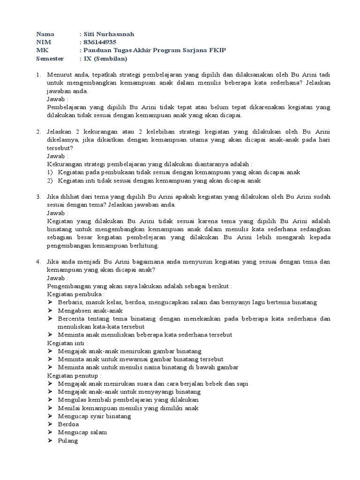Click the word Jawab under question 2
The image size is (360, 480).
pos(57,156)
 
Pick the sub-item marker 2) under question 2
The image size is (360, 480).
pos(50,180)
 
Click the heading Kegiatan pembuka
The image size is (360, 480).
pos(75,294)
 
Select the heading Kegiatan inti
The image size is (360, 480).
pos(67,343)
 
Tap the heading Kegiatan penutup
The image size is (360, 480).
pos(75,375)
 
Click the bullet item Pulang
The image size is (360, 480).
pos(67,441)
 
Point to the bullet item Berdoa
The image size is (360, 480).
pos(68,424)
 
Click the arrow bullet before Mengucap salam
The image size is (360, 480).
pos(51,432)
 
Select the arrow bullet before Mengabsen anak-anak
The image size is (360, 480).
pos(51,311)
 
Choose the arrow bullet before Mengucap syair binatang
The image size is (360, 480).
pos(51,416)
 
